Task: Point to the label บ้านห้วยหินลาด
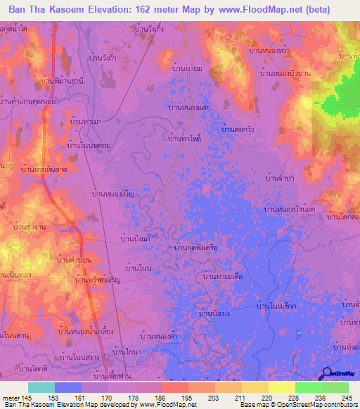click(x=44, y=169)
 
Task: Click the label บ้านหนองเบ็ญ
click(x=113, y=192)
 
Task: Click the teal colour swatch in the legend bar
click(x=41, y=387)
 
